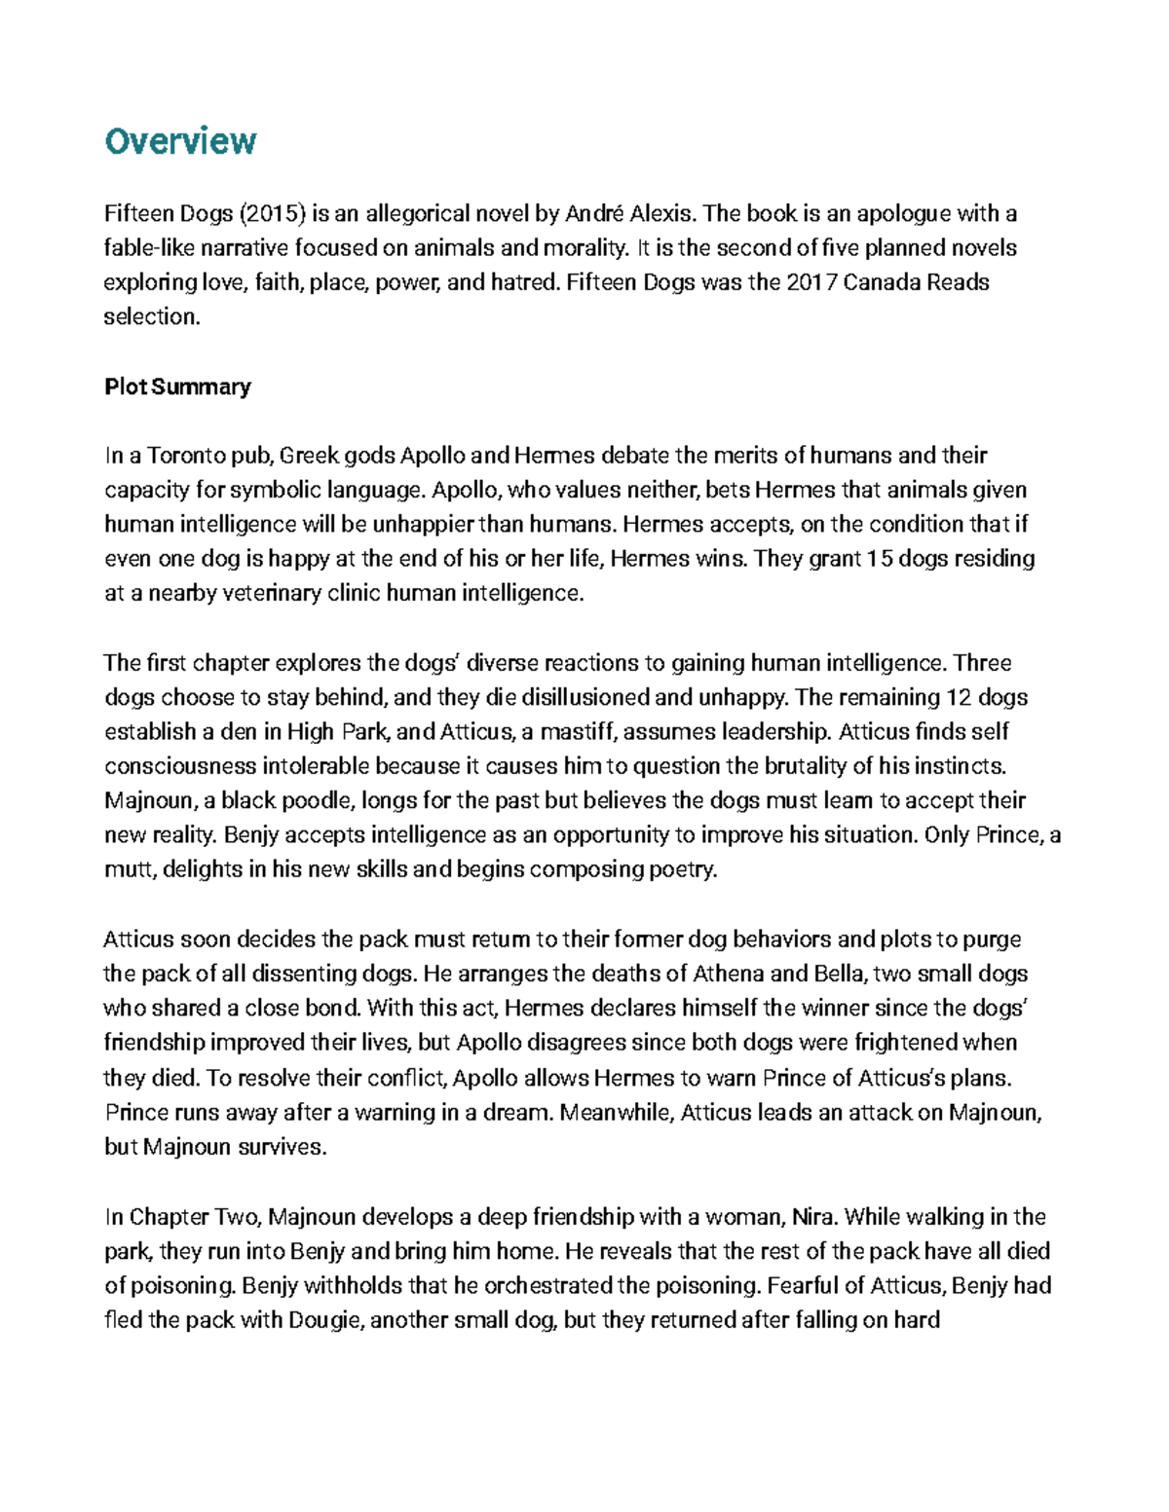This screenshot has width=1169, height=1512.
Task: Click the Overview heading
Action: click(179, 141)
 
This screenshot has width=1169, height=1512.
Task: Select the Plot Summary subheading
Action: click(177, 387)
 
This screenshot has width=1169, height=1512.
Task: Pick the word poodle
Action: click(317, 800)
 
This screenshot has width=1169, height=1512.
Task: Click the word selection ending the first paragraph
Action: click(150, 316)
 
